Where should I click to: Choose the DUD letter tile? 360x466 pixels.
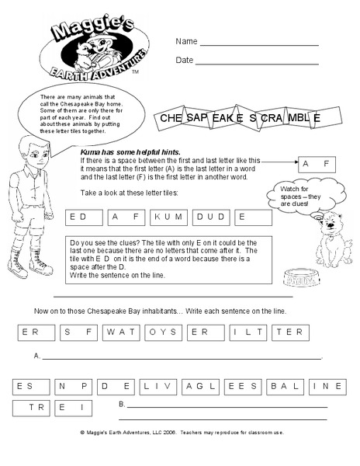click(210, 217)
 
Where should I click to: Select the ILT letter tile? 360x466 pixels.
click(247, 332)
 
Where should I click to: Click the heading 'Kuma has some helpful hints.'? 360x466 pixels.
click(126, 153)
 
